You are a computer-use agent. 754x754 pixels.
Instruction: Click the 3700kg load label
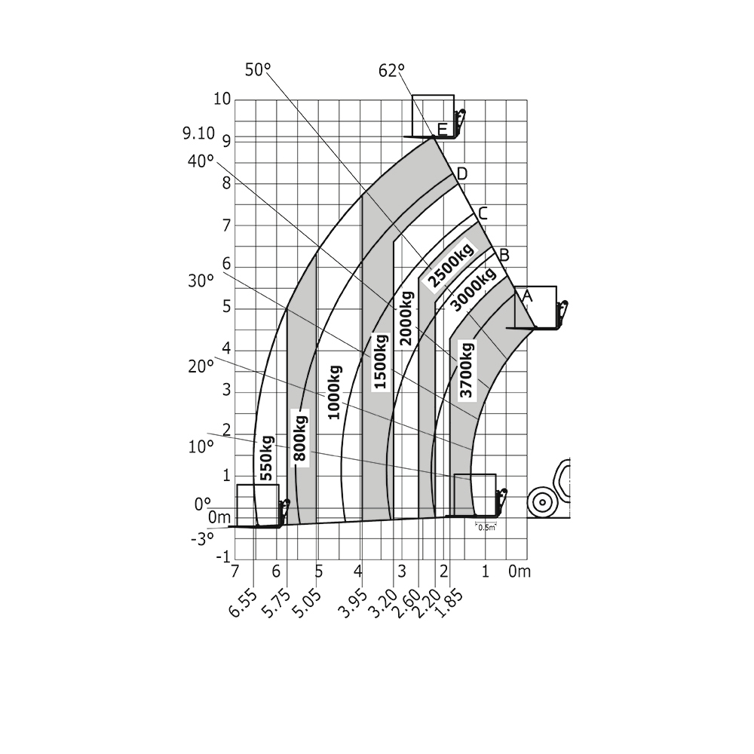467,369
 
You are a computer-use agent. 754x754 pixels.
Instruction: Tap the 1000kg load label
334,392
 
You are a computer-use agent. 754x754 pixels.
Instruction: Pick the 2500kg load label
450,267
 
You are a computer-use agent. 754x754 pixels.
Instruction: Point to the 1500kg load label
381,361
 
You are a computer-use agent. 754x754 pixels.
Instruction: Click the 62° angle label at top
391,71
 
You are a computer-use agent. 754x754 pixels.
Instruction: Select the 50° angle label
257,69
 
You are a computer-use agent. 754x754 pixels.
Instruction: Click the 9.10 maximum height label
198,134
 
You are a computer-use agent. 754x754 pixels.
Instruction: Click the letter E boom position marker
442,129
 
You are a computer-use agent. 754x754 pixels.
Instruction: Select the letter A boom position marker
527,296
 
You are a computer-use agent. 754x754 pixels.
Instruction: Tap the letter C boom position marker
483,213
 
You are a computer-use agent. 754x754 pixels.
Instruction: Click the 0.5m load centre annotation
487,527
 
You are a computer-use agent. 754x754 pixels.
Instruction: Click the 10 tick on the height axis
222,100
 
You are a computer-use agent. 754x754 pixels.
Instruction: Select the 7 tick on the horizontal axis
235,571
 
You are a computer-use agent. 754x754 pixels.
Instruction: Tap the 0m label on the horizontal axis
520,571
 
